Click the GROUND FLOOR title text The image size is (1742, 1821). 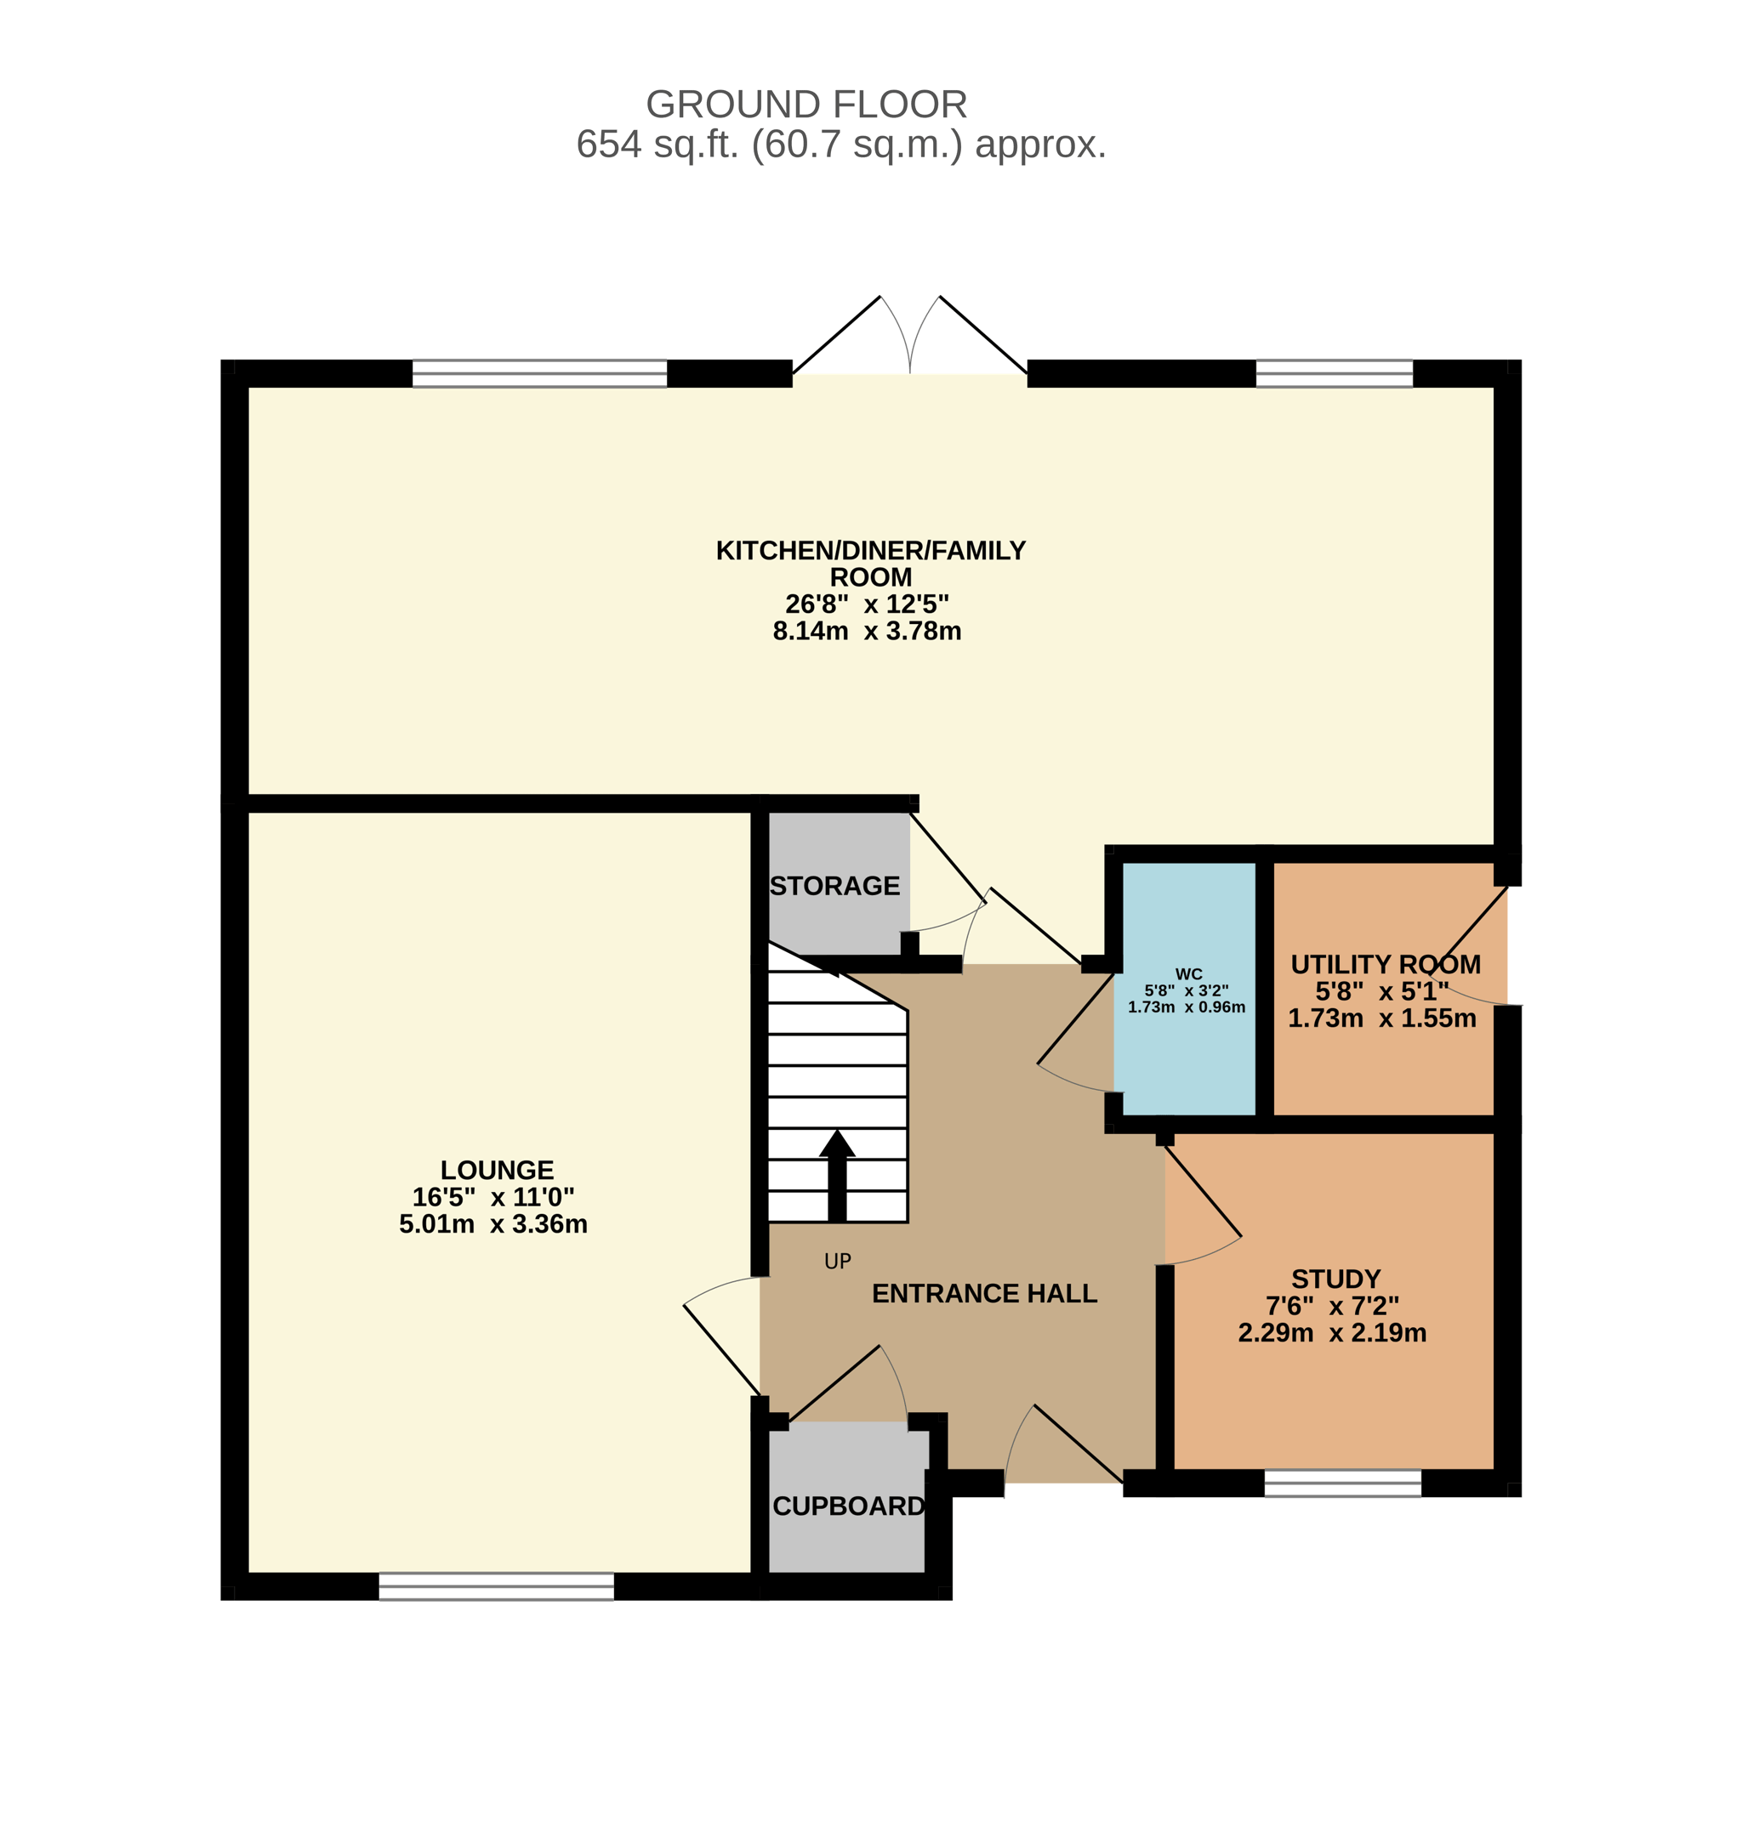pos(806,105)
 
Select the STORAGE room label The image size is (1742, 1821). pos(834,887)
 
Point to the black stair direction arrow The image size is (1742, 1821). pos(837,1175)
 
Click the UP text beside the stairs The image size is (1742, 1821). pos(838,1262)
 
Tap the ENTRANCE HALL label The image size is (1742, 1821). pos(984,1294)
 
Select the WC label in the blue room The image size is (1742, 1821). pos(1188,974)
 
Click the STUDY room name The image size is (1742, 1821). pos(1336,1279)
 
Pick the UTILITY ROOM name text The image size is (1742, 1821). pos(1386,964)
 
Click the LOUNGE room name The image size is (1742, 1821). pos(497,1171)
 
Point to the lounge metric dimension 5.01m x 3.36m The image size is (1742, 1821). pos(493,1224)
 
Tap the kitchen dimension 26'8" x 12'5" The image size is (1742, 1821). pos(868,604)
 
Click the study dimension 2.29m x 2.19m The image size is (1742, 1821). pos(1333,1333)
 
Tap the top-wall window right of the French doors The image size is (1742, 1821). pos(1335,373)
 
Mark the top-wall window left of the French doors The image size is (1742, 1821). pos(539,373)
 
